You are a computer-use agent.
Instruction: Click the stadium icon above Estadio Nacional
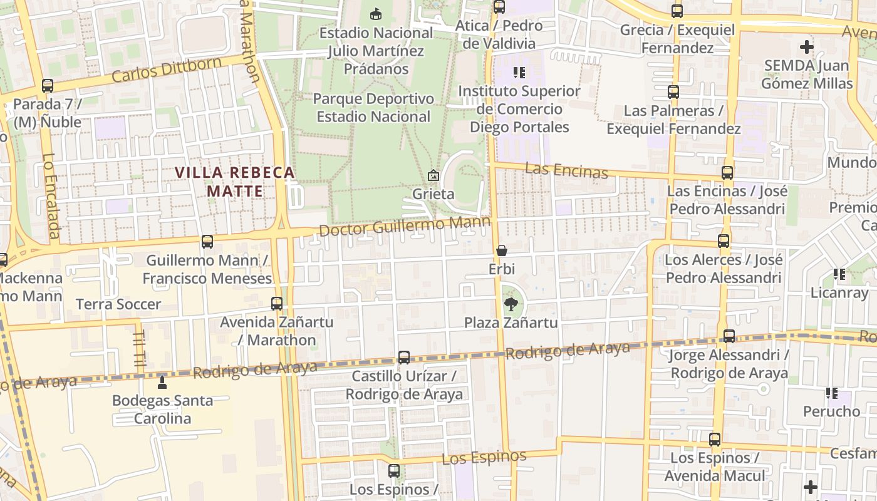[376, 13]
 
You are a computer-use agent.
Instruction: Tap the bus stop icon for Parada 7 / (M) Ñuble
[48, 86]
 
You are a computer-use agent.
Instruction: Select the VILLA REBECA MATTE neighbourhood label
[234, 182]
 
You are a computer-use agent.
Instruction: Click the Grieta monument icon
[433, 176]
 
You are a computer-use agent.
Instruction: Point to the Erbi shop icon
[502, 251]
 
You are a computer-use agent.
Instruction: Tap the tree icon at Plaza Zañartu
[511, 305]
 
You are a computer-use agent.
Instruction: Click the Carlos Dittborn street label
[167, 70]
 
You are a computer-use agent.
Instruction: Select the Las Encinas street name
[566, 170]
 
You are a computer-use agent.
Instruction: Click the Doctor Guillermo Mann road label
[404, 225]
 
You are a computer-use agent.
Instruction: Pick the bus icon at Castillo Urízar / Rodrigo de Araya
[404, 358]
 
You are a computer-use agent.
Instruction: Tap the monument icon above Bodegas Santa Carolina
[162, 381]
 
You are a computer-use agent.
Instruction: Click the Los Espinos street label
[484, 457]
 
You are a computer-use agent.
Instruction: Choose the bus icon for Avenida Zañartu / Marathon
[277, 304]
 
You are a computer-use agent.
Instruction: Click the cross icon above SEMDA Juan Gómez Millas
[807, 46]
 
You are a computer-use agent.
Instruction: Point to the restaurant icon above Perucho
[832, 393]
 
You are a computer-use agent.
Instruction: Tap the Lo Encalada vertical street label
[51, 197]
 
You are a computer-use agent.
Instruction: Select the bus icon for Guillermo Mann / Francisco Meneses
[207, 242]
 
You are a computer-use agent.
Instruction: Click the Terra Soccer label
[118, 304]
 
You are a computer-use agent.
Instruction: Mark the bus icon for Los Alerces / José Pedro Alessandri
[724, 241]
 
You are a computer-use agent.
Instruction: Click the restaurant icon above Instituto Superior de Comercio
[519, 73]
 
